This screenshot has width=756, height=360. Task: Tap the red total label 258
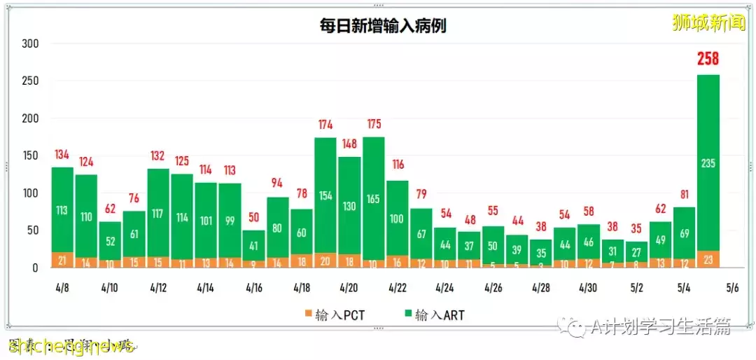point(708,60)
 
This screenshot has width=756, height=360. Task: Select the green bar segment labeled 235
point(708,162)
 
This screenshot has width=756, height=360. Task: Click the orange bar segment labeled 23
point(708,259)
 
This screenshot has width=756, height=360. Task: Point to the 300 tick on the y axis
point(29,43)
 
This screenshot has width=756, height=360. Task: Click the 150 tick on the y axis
point(29,155)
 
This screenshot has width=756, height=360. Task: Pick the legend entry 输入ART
point(433,315)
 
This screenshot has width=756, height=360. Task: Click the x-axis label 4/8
point(62,288)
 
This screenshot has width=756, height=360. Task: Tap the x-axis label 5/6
point(732,288)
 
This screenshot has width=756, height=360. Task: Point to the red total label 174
point(325,125)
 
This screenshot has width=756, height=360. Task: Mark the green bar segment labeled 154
point(325,195)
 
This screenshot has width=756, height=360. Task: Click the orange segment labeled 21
point(62,260)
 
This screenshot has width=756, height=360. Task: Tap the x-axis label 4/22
point(397,288)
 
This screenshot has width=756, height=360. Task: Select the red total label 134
point(62,155)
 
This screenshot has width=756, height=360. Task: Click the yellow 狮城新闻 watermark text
point(706,22)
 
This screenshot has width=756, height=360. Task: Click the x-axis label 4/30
point(588,288)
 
